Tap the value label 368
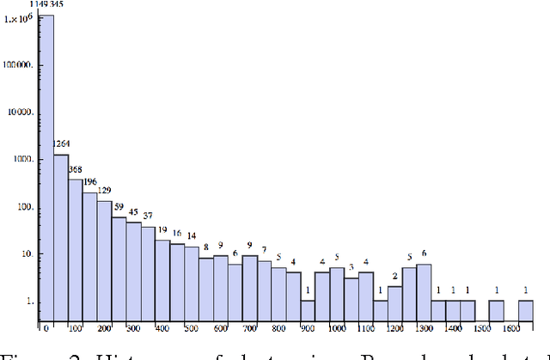(76, 169)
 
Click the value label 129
(104, 191)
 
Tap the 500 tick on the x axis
(192, 328)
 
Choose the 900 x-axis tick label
(308, 328)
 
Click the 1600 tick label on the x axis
(510, 328)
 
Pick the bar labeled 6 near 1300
(424, 292)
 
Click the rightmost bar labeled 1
(526, 310)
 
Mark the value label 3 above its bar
(351, 267)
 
